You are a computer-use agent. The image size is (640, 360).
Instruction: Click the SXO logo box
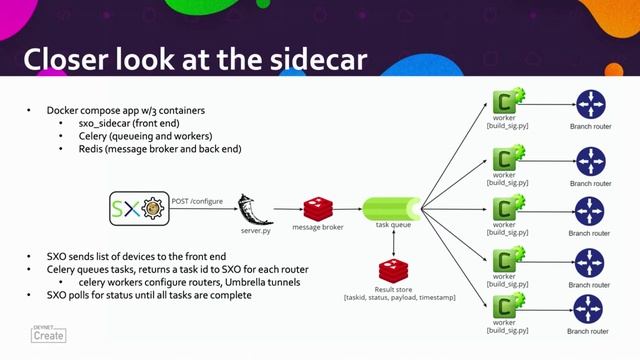(138, 210)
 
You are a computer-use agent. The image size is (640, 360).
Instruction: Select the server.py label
(256, 228)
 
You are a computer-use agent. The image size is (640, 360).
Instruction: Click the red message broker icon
(317, 208)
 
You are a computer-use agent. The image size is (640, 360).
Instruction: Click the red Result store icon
(390, 270)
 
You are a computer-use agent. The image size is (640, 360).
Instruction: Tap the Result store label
(390, 289)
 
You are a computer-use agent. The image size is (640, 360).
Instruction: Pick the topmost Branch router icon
(590, 104)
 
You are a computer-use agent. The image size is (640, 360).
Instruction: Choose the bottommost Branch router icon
(590, 308)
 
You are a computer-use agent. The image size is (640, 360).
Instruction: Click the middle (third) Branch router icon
(590, 212)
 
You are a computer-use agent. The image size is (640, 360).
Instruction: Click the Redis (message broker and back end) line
(146, 149)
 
